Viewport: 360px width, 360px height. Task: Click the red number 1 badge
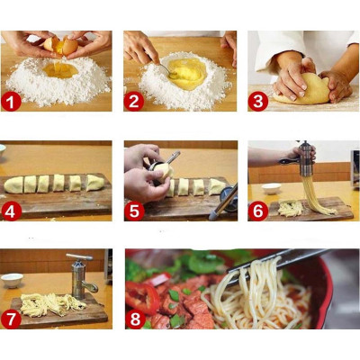(12, 101)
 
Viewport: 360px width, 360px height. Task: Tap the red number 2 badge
(134, 101)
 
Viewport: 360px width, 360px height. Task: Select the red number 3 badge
(258, 101)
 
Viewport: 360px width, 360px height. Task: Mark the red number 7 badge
(12, 319)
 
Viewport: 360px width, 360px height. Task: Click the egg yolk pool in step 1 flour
(59, 68)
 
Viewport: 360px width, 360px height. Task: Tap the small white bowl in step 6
(271, 188)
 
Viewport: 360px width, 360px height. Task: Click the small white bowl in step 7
(13, 280)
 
